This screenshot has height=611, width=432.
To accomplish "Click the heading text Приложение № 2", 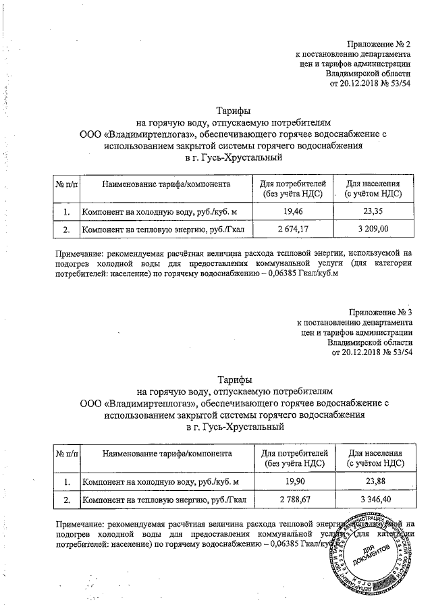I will click(x=379, y=43).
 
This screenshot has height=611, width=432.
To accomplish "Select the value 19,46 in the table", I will click(x=292, y=211).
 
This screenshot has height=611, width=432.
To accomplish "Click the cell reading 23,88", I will click(x=375, y=481).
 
